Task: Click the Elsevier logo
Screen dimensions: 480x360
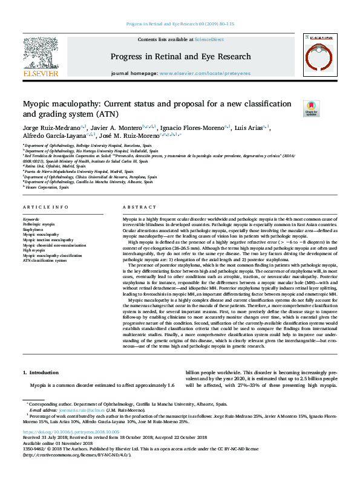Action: tap(41, 57)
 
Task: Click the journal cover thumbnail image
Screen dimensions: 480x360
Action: tap(319, 56)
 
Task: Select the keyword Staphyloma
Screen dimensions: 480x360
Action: tap(33, 230)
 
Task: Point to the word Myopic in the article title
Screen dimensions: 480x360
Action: tap(39, 104)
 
